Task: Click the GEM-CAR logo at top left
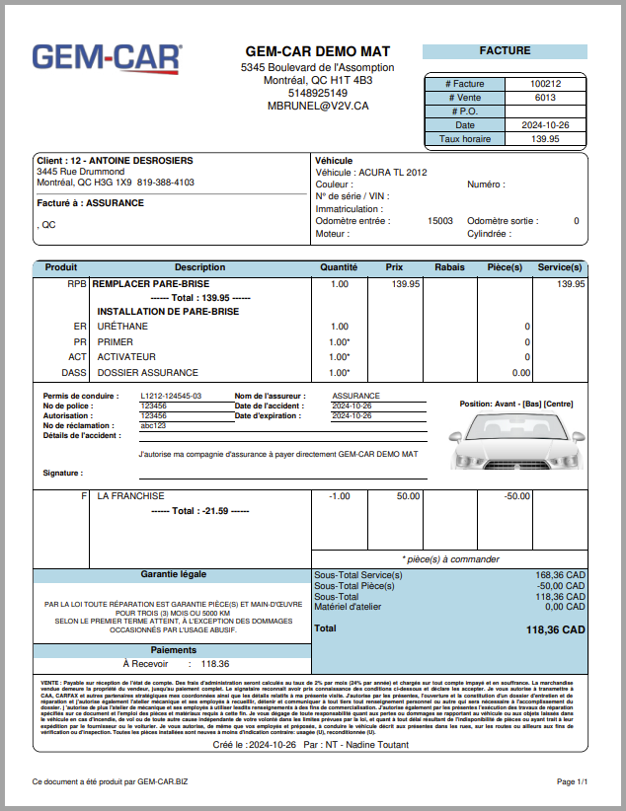click(x=107, y=59)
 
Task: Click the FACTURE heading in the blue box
click(x=505, y=51)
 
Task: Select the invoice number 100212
click(x=544, y=84)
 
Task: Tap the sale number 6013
click(x=544, y=98)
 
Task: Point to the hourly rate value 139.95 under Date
click(x=544, y=139)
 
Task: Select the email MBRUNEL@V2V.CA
click(x=318, y=107)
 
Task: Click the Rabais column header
click(x=450, y=267)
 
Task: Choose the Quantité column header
click(x=339, y=267)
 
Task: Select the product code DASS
click(x=74, y=373)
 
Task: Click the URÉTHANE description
click(x=122, y=326)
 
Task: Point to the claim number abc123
click(x=153, y=426)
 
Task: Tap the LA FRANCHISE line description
click(x=130, y=496)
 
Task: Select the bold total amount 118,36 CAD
click(x=556, y=629)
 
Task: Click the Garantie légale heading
click(x=173, y=574)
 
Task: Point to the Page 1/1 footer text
click(x=572, y=781)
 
